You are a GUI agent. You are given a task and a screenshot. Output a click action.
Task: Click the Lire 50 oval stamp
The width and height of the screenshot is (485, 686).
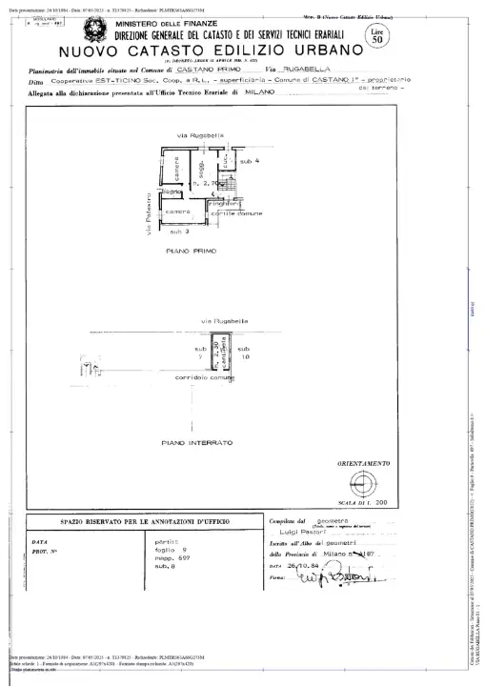[378, 37]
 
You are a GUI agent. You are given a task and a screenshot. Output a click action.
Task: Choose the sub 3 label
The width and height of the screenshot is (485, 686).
[179, 232]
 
